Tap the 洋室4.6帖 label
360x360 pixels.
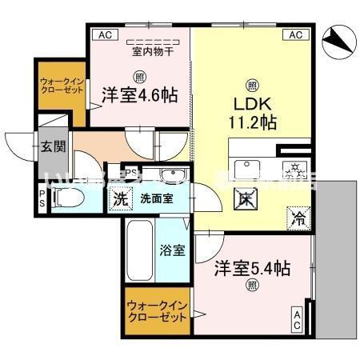click(138, 95)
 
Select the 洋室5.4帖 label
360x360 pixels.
click(251, 268)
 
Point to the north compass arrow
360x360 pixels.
click(337, 40)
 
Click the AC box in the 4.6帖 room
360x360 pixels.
click(102, 34)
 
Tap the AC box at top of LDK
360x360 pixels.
click(295, 34)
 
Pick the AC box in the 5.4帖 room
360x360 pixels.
click(297, 321)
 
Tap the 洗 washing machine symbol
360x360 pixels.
click(120, 198)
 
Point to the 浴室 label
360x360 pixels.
click(174, 250)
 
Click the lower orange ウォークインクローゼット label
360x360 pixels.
click(158, 311)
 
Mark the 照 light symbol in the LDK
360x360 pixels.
click(252, 85)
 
